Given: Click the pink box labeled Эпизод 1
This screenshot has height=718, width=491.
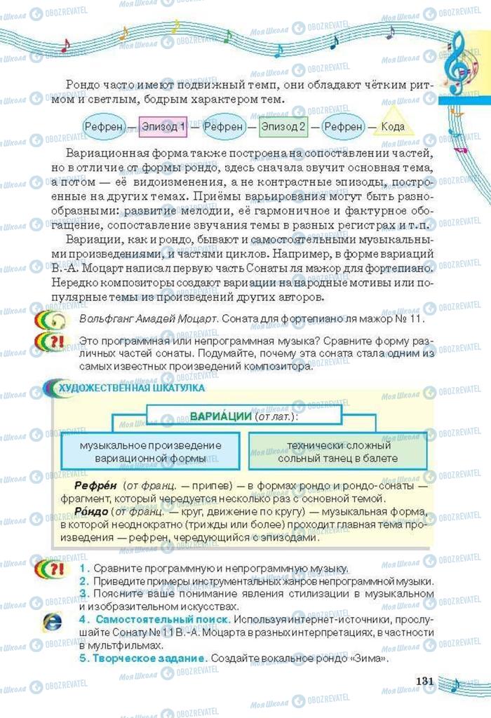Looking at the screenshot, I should pos(163,127).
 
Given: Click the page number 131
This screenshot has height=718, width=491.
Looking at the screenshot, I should pos(426,682).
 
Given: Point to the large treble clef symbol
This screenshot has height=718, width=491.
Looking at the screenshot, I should pos(459,60).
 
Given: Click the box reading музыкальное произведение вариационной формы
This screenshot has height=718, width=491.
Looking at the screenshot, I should pos(151,452).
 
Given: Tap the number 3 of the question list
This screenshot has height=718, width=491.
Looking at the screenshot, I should pos(83,593).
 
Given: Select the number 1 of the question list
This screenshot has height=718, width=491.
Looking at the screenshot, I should pos(83,568).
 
